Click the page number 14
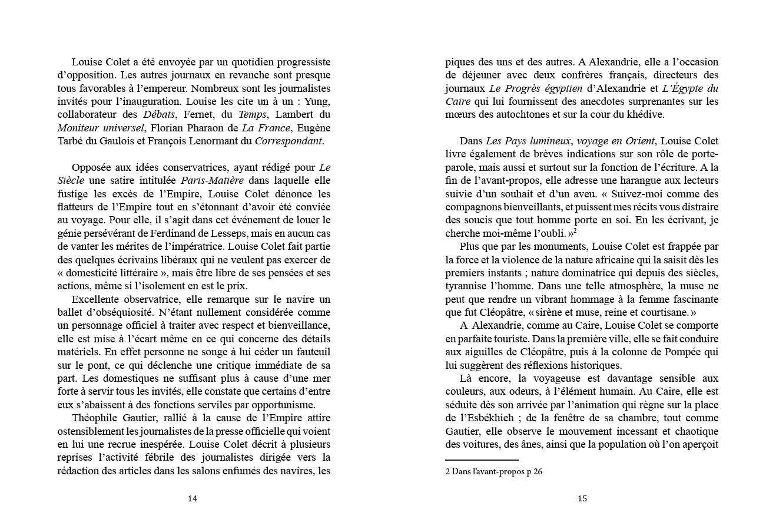click(192, 498)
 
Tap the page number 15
click(582, 498)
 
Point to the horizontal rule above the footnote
click(482, 460)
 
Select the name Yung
click(319, 101)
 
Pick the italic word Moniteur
click(79, 128)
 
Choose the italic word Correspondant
click(288, 141)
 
